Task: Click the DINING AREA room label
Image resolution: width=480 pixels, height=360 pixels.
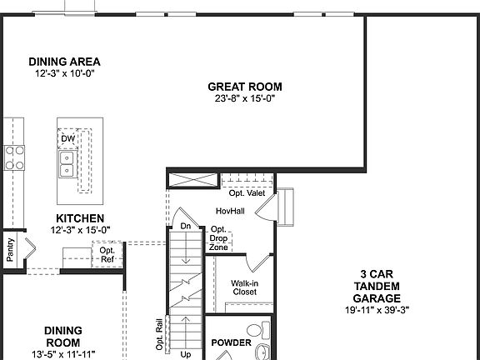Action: [x=64, y=62]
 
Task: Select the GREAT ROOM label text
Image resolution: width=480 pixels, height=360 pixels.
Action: [x=244, y=87]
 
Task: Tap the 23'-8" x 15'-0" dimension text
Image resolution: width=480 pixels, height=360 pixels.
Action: [x=244, y=98]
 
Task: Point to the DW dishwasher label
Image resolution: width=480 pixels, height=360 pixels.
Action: [x=67, y=139]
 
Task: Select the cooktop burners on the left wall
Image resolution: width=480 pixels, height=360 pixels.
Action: [x=14, y=158]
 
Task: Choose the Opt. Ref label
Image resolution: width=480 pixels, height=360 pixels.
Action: [x=107, y=253]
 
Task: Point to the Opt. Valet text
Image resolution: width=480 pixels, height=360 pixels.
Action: [x=247, y=193]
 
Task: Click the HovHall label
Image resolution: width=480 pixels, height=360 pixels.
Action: [x=229, y=212]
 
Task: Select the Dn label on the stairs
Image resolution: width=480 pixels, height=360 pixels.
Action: [x=185, y=226]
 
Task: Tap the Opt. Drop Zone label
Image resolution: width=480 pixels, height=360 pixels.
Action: [x=218, y=238]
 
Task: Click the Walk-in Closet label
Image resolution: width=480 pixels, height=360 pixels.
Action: [x=244, y=287]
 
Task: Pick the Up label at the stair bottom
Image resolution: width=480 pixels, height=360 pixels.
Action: [x=186, y=354]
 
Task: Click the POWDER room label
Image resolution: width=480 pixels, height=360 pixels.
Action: [x=231, y=342]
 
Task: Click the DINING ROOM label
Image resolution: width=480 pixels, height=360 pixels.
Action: [x=62, y=336]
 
